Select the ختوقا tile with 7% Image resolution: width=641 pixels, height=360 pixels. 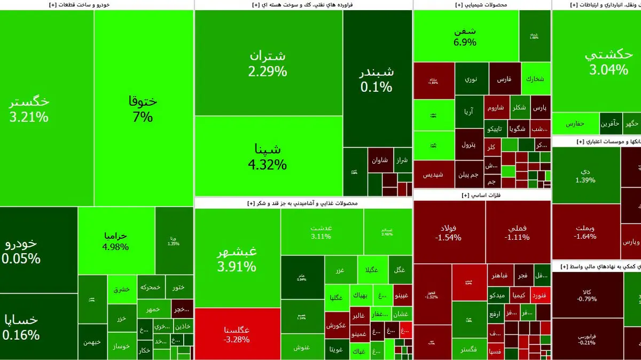143,109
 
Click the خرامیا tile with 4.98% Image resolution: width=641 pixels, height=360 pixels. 116,241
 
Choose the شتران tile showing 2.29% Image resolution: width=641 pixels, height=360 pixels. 268,63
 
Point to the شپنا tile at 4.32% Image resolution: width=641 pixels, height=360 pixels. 268,156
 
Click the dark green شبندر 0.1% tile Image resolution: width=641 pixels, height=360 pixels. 377,79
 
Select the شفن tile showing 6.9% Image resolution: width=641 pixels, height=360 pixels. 465,36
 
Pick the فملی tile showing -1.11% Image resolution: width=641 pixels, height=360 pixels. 518,232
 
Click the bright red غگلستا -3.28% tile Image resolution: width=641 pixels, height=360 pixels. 237,334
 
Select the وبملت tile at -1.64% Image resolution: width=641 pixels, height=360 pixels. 585,231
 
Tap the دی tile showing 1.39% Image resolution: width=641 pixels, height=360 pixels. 585,175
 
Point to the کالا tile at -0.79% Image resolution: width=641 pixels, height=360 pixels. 587,295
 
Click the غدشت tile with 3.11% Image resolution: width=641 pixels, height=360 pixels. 321,231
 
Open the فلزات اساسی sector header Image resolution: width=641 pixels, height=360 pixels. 481,195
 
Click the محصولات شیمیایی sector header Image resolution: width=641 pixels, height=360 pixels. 482,5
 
